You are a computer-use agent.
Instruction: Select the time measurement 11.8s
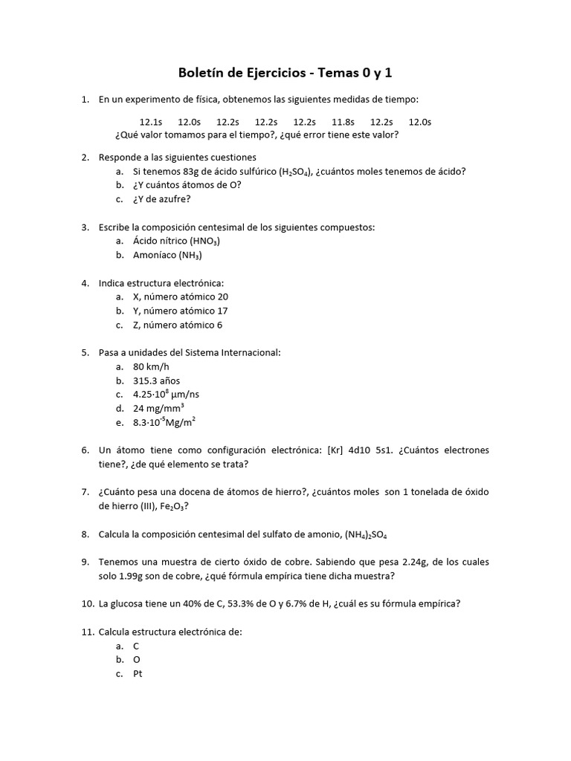click(343, 122)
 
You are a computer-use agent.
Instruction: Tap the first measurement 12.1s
click(151, 122)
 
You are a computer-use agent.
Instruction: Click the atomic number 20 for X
click(217, 297)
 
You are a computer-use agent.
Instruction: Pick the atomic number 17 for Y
click(217, 311)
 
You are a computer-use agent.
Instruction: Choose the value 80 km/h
click(151, 366)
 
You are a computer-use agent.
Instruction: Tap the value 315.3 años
click(156, 380)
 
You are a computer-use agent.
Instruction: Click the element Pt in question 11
click(138, 674)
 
